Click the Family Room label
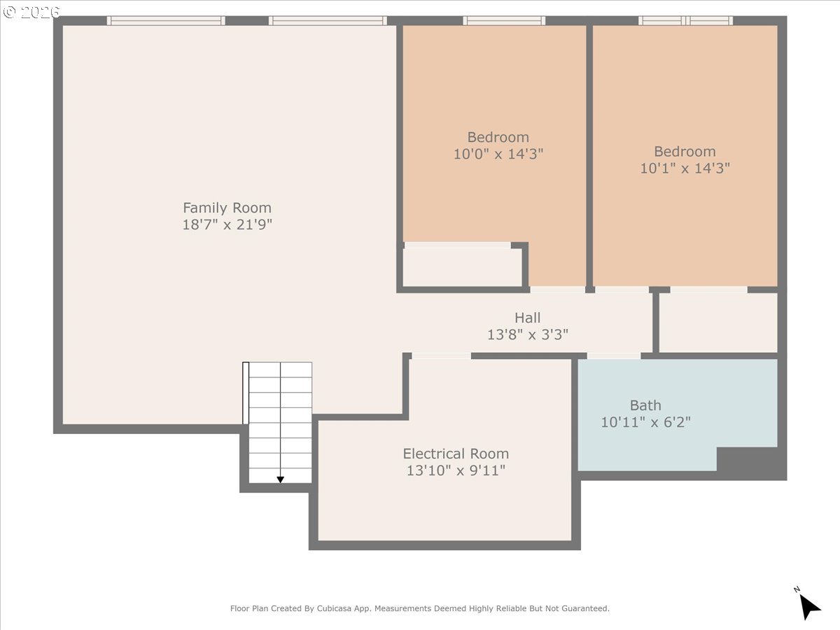click(227, 208)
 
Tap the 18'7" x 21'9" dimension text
click(227, 225)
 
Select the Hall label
click(527, 318)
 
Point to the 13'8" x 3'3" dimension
click(527, 335)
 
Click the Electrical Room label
click(456, 454)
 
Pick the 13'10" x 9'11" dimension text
click(456, 470)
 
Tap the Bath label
click(645, 405)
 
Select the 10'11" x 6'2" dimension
click(645, 422)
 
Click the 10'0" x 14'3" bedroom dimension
click(498, 154)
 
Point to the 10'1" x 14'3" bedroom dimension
click(685, 168)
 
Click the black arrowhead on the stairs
click(281, 479)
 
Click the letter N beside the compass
click(797, 589)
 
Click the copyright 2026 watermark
click(31, 12)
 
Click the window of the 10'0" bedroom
click(504, 21)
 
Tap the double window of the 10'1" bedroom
click(685, 21)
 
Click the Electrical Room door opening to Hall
click(441, 356)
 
